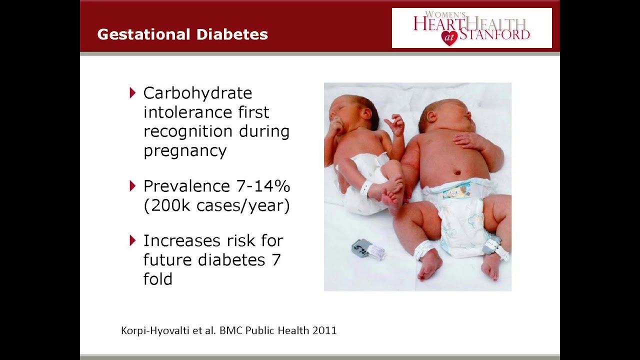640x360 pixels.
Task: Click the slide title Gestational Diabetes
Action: (182, 34)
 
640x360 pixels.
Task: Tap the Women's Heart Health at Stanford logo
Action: (471, 28)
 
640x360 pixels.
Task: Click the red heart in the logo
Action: (449, 38)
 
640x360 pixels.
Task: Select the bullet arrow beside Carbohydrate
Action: (132, 92)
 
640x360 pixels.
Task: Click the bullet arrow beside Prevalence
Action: (132, 186)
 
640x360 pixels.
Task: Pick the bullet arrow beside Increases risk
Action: (132, 240)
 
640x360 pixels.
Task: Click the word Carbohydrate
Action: (197, 93)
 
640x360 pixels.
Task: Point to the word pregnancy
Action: (185, 150)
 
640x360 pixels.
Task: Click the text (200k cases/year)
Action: (216, 205)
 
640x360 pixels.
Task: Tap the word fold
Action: (157, 278)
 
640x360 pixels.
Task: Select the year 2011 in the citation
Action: (324, 330)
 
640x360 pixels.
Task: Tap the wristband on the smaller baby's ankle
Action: (365, 188)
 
